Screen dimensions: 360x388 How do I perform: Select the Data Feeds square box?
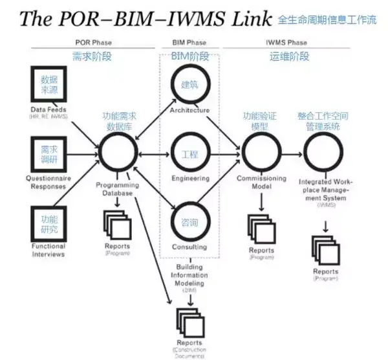point(49,86)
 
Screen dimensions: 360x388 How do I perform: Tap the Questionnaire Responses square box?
point(49,154)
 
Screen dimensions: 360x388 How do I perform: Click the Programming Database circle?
point(118,154)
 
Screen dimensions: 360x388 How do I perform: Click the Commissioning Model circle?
point(261,154)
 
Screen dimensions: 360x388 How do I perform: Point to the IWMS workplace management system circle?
point(323,154)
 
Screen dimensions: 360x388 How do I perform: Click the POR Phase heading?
point(93,43)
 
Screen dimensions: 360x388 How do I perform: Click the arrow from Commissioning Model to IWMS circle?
point(292,154)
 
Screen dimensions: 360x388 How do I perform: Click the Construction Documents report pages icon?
point(188,321)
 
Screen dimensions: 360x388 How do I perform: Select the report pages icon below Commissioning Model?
point(261,227)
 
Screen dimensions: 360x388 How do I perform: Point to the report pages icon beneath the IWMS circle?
point(325,249)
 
